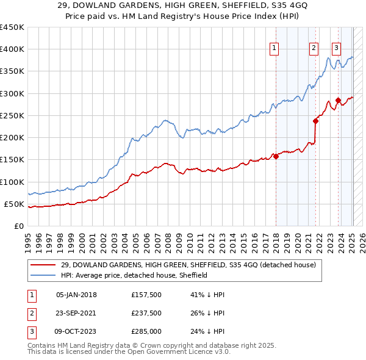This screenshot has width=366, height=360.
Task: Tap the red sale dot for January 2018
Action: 276,156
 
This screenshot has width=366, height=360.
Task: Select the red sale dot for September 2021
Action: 316,121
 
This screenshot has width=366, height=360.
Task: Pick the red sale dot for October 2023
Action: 338,100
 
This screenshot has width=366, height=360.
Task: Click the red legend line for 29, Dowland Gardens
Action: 43,265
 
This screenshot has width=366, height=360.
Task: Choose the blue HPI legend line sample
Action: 43,275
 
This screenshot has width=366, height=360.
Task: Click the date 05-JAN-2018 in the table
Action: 76,295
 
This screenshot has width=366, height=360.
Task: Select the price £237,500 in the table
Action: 146,313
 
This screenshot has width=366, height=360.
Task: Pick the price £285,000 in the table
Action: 146,331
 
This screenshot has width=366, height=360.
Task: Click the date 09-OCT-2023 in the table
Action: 76,331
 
